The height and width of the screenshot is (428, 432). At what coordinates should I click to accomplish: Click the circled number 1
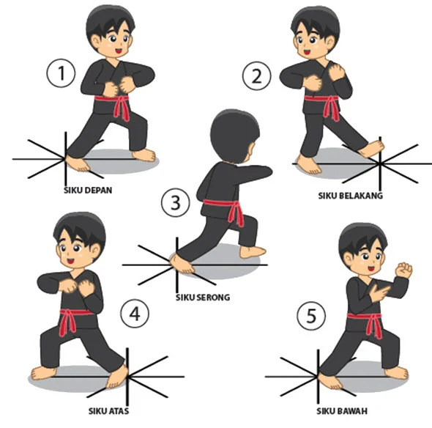(x=62, y=73)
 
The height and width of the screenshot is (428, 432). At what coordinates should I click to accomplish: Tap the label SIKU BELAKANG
(x=350, y=196)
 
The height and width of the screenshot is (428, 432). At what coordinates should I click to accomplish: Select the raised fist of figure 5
(x=402, y=270)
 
